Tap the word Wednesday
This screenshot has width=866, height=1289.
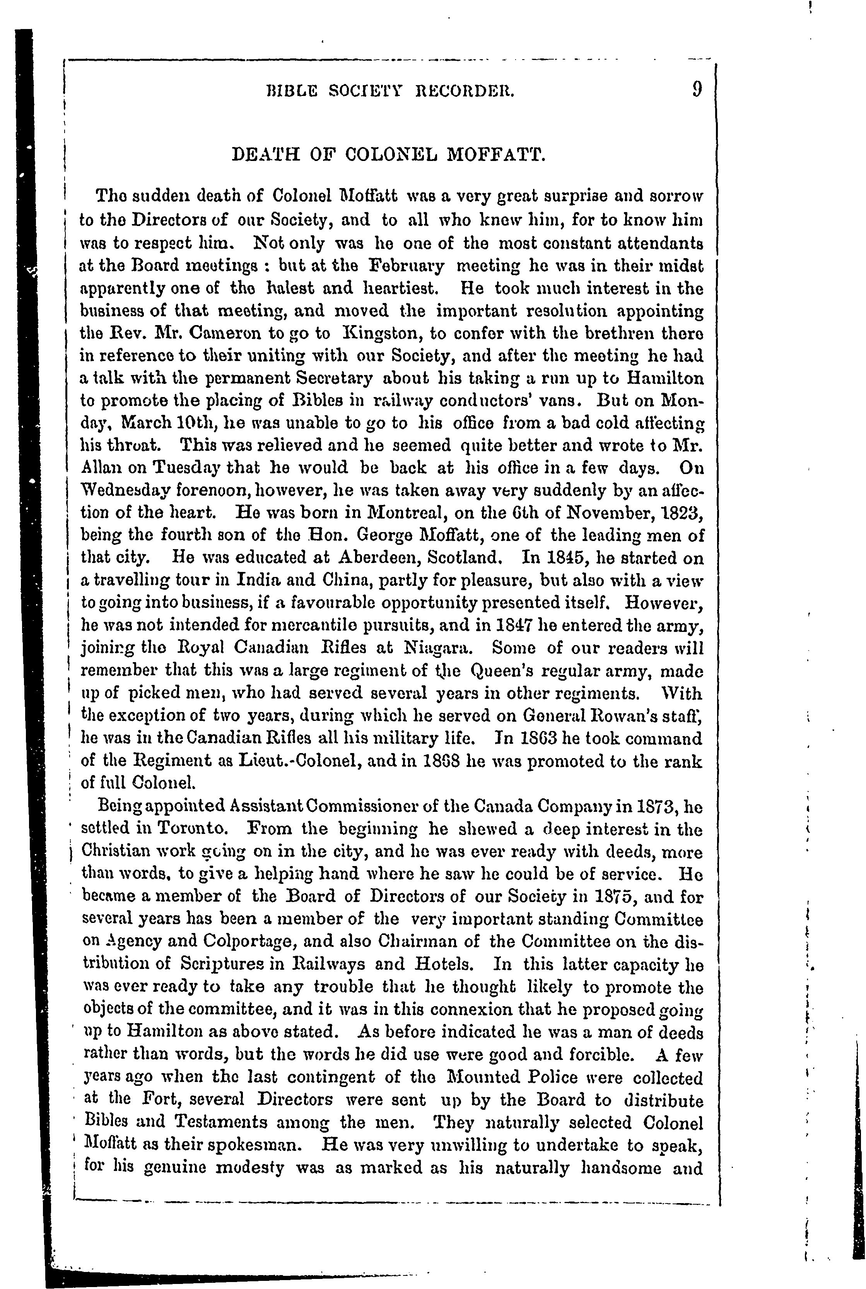point(118,491)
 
